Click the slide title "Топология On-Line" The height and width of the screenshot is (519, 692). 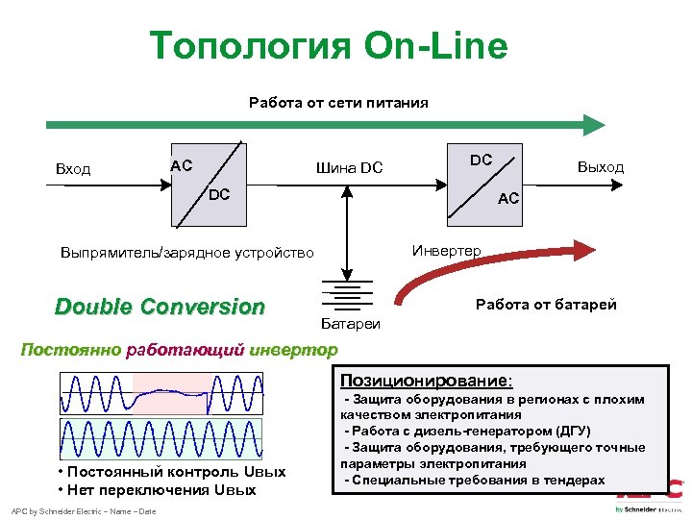click(x=329, y=45)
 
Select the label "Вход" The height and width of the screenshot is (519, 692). click(x=73, y=169)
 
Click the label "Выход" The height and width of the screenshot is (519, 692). click(x=600, y=167)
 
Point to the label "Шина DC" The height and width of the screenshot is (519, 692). click(x=349, y=169)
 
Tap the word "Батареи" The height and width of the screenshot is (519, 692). click(x=350, y=324)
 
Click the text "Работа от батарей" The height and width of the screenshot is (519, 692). click(x=546, y=305)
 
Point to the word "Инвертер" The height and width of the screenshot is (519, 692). click(x=447, y=251)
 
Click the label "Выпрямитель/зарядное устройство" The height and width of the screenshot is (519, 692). click(x=186, y=253)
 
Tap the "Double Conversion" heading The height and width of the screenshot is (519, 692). click(x=160, y=307)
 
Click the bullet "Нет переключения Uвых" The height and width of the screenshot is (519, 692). click(x=157, y=490)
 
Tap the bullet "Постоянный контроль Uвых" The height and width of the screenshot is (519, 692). click(x=171, y=472)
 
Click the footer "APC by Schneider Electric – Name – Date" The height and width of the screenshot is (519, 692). click(x=83, y=510)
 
